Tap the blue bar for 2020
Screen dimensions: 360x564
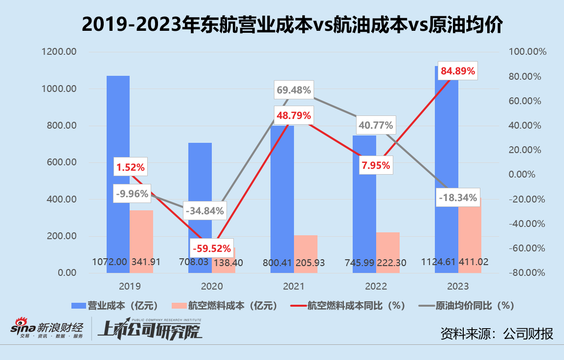coord(200,196)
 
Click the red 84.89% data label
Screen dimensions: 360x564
coord(458,71)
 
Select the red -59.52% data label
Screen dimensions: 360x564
coord(211,248)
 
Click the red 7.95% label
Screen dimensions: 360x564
coord(376,165)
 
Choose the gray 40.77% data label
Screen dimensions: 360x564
coord(376,125)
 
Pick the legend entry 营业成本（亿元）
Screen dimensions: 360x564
coord(115,306)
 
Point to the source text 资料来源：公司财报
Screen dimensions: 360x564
coord(496,334)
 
